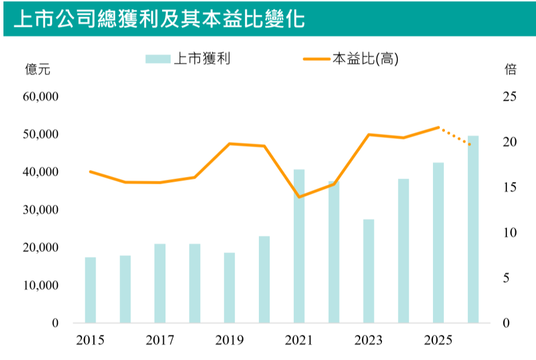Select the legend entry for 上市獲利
(x=188, y=58)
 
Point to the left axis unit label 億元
(x=38, y=70)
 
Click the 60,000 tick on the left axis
(x=40, y=97)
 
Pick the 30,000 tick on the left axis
(x=40, y=210)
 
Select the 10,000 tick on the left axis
(x=40, y=286)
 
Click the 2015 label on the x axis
(x=90, y=341)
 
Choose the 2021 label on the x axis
(x=299, y=341)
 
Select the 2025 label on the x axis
(x=438, y=341)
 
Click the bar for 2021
(x=299, y=246)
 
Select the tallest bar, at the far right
(x=473, y=229)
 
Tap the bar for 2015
(x=90, y=290)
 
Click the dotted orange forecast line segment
(x=455, y=136)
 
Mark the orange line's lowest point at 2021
(x=299, y=197)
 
